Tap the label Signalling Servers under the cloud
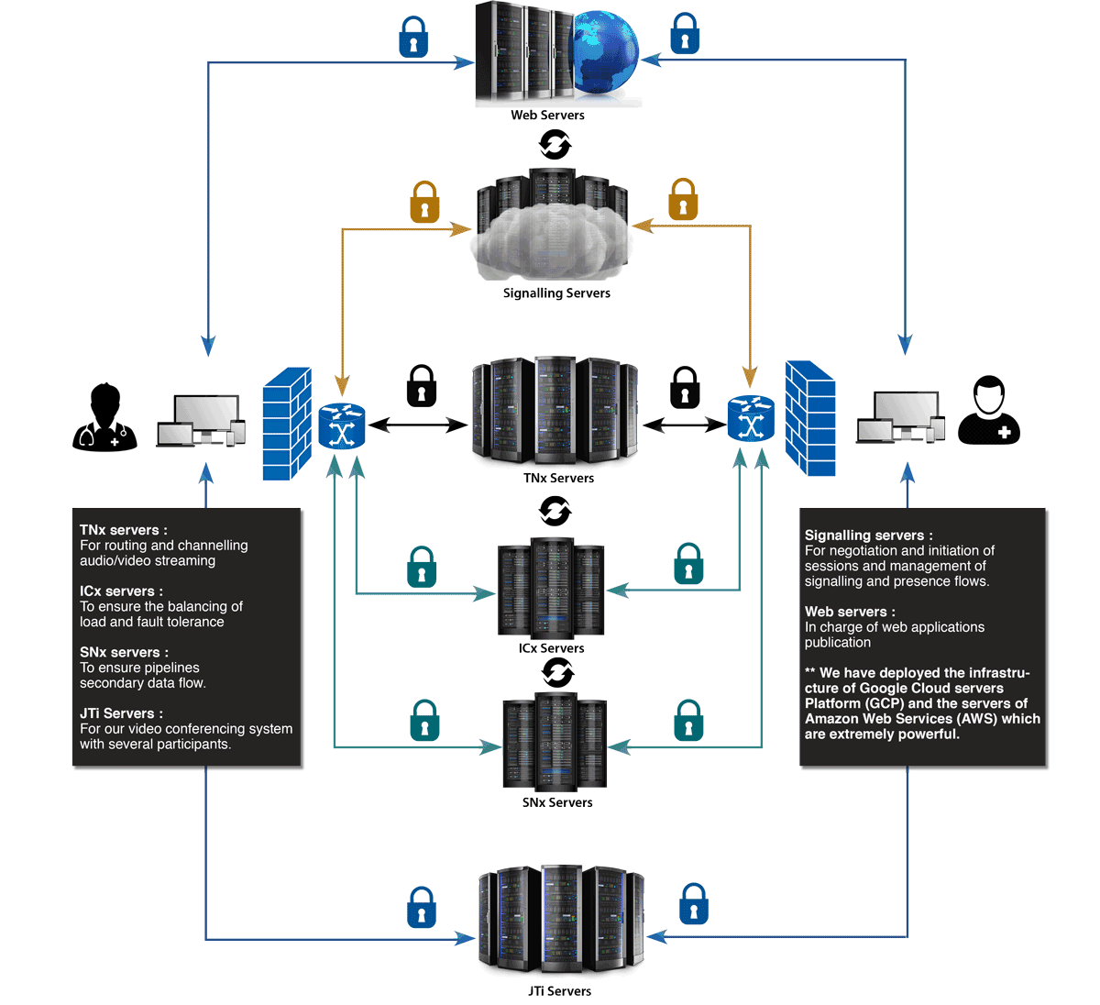coord(556,293)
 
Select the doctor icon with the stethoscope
coord(104,418)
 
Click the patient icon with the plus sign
coord(989,412)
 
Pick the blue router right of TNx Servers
coord(751,419)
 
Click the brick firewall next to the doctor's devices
coord(287,424)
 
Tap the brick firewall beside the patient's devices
coord(810,418)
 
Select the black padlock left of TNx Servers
coord(422,385)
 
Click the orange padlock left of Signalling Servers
coord(424,203)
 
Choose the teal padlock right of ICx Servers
coord(688,565)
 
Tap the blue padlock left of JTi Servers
coord(422,908)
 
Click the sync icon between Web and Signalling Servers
coord(555,144)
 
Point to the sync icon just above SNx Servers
coord(557,673)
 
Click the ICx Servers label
coord(551,648)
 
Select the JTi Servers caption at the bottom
coord(559,991)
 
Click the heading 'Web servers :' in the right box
coord(850,612)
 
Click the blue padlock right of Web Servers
coord(685,35)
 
